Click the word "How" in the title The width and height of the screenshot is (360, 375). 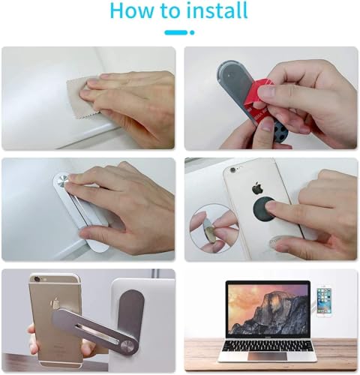tap(133, 11)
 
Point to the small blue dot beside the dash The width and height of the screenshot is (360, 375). tap(192, 32)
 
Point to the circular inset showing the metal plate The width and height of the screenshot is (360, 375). tap(209, 229)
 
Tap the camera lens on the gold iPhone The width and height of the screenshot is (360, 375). tap(37, 281)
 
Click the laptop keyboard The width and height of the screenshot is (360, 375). tap(268, 336)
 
